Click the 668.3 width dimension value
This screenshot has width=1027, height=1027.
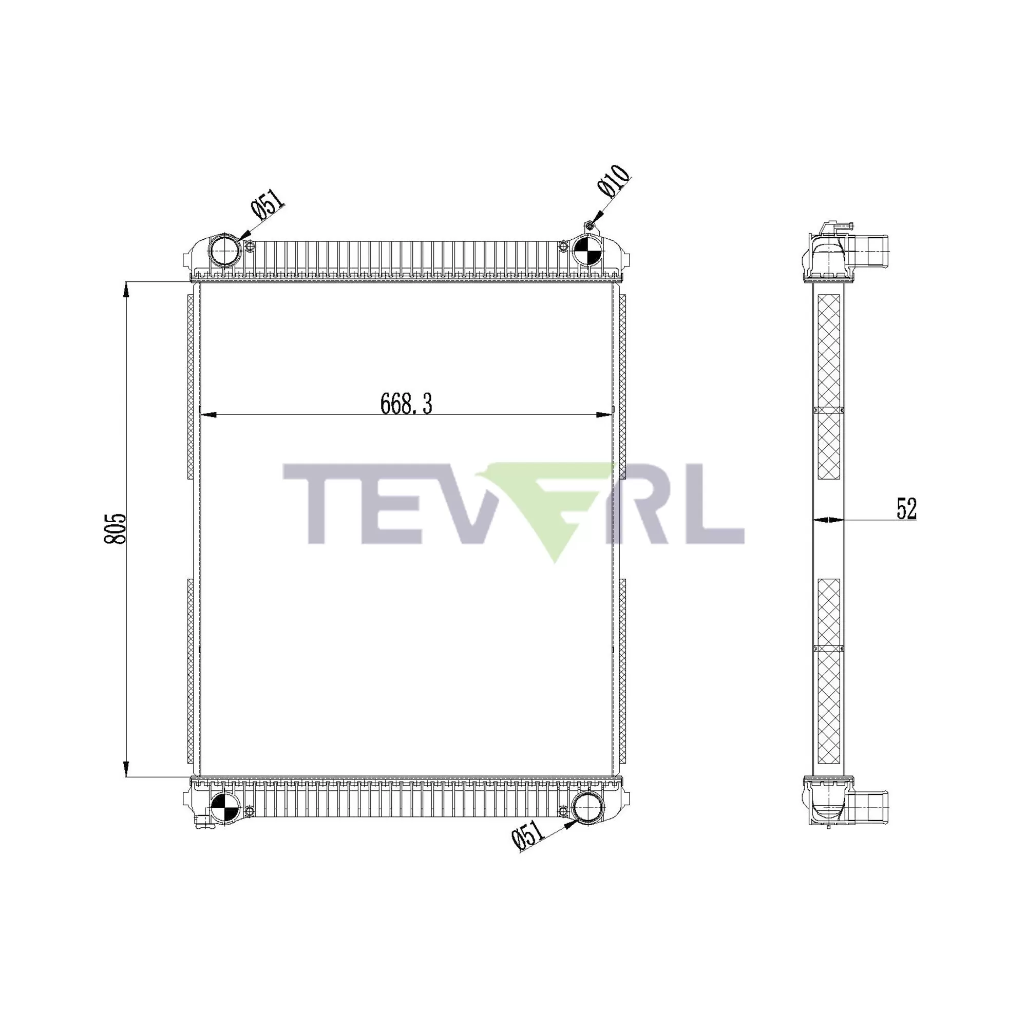click(406, 404)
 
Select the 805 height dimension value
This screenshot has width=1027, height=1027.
click(115, 528)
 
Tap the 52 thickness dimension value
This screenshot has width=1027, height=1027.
click(906, 509)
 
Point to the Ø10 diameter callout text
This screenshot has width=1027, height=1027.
click(614, 182)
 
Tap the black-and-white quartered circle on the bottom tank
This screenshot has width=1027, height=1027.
click(225, 810)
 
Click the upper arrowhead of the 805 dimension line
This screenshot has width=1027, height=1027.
click(126, 290)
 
